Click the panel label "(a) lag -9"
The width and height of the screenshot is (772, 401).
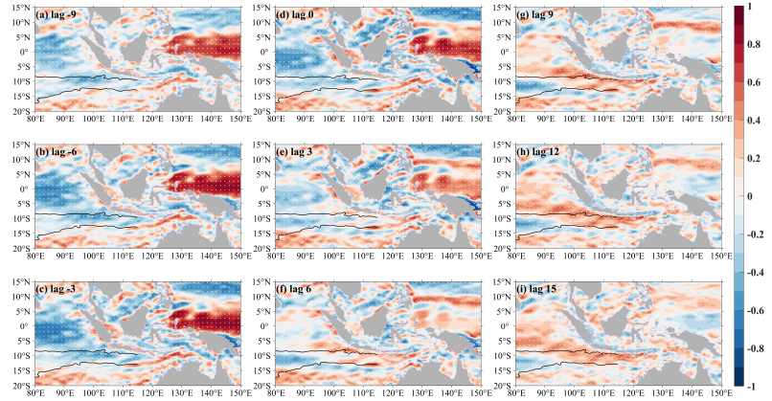[60, 16]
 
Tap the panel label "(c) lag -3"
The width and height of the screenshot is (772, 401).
[60, 291]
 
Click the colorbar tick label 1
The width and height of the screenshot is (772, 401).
[752, 8]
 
